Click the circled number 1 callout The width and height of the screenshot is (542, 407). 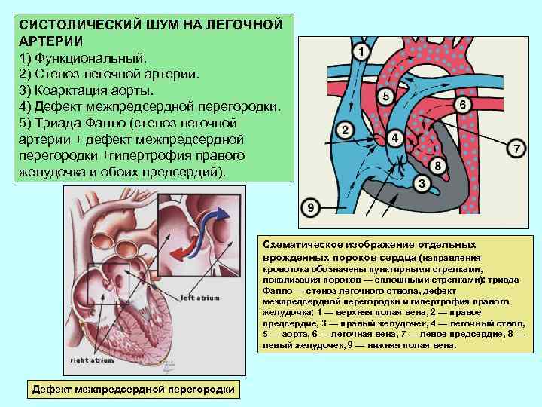pyautogui.click(x=361, y=51)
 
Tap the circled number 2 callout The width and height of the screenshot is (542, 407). pyautogui.click(x=345, y=130)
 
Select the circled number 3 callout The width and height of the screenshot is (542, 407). pyautogui.click(x=422, y=182)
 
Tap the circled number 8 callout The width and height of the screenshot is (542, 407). pyautogui.click(x=437, y=166)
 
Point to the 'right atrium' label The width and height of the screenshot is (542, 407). pyautogui.click(x=91, y=361)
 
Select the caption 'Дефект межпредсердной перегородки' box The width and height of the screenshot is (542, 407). pyautogui.click(x=132, y=388)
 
